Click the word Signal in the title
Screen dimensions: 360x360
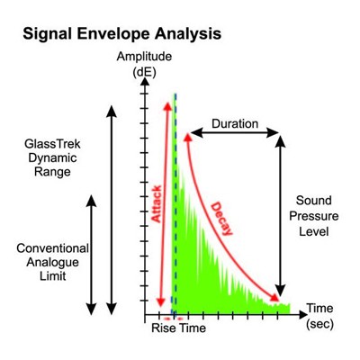[47, 34]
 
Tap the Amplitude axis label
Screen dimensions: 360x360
[144, 57]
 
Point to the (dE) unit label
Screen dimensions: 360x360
[145, 72]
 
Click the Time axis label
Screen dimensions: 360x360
[319, 308]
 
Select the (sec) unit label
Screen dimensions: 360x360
[320, 324]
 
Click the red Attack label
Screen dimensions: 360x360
[157, 204]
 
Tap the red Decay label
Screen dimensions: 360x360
[221, 219]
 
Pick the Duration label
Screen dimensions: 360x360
[235, 123]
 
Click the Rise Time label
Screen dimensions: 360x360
[178, 328]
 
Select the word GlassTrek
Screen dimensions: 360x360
[52, 144]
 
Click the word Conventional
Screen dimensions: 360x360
[52, 248]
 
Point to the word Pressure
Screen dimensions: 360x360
[314, 216]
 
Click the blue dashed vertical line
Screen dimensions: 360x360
[175, 204]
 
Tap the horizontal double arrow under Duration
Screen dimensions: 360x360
[235, 132]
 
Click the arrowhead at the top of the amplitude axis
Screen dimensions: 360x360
[145, 81]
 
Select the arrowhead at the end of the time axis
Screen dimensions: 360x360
[303, 315]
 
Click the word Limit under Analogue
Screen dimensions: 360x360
[53, 276]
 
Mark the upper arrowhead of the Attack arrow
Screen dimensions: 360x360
[167, 106]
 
